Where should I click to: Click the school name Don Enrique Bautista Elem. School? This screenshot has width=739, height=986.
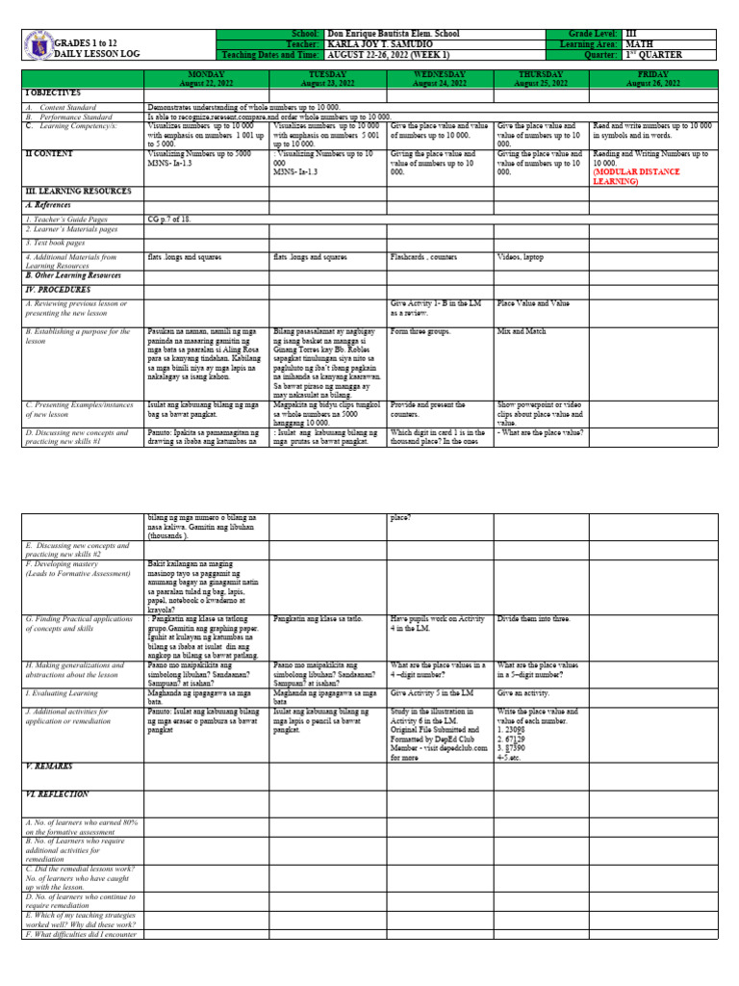click(393, 34)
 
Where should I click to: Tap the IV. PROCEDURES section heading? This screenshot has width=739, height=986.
click(58, 289)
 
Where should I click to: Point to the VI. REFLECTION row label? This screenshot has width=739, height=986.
click(57, 794)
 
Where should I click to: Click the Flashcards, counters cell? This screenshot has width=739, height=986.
click(423, 258)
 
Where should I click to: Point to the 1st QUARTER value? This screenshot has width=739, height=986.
click(656, 55)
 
